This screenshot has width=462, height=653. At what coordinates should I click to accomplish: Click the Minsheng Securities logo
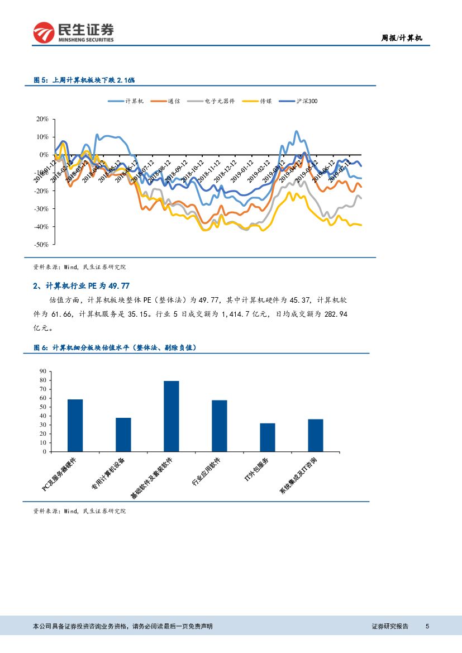point(73,33)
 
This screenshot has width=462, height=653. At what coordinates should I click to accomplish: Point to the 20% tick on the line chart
point(42,119)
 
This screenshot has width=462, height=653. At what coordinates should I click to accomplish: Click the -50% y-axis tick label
point(41,245)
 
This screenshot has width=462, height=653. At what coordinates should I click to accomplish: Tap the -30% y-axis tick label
point(41,209)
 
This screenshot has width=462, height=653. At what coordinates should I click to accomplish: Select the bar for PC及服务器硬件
point(75,425)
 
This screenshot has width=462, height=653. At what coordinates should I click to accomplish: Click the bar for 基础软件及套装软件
point(171,416)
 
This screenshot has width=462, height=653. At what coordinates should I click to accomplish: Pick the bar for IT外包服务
point(267,437)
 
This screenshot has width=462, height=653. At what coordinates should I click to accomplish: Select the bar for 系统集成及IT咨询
point(315,435)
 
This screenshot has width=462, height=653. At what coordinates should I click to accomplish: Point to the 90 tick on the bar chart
point(42,371)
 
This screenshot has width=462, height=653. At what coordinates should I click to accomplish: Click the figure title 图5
point(84,80)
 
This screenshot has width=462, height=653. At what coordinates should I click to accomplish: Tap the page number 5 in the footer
point(427,626)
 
